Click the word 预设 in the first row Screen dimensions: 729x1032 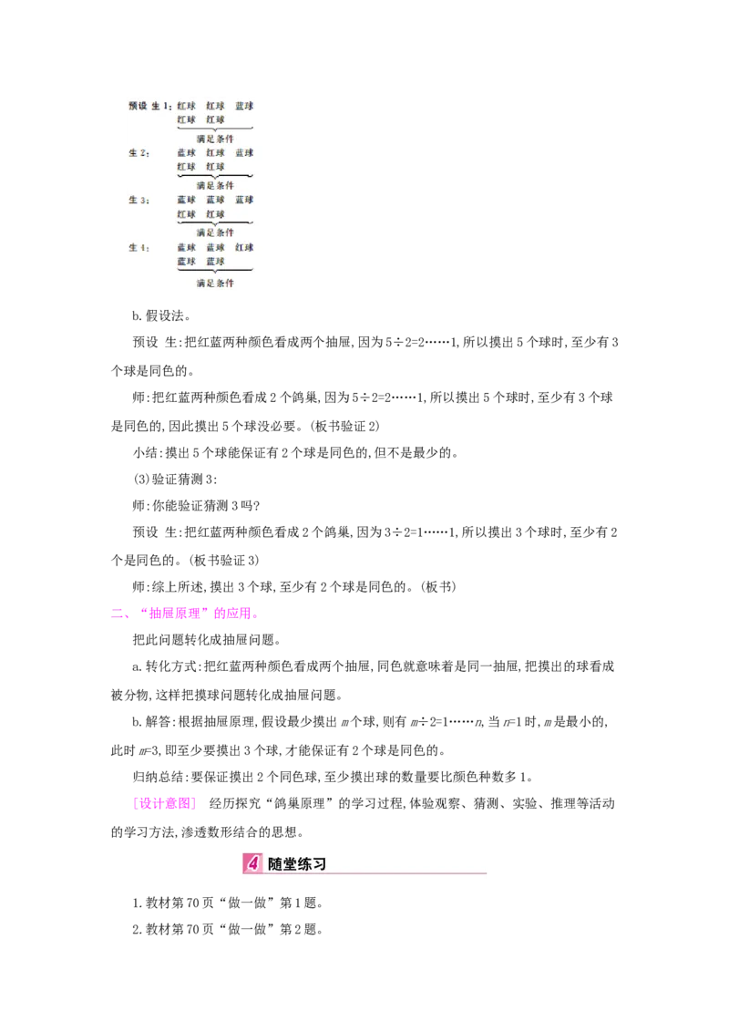point(138,106)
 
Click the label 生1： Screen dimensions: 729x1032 point(161,106)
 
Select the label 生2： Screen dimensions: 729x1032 point(139,153)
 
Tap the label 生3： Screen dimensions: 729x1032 point(139,200)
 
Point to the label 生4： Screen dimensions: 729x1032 point(139,247)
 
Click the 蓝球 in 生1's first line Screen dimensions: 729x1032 point(244,106)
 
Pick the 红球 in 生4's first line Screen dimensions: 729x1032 point(244,247)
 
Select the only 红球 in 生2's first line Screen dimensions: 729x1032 point(215,153)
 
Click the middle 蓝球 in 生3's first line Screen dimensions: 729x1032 point(215,200)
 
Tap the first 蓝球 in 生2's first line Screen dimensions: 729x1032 point(186,153)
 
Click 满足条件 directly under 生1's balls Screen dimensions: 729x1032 point(215,139)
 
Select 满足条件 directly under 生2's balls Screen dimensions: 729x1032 point(215,185)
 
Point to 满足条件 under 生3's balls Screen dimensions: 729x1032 point(215,232)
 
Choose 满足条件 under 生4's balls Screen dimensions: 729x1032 point(215,283)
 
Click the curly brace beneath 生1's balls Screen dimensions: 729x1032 point(215,129)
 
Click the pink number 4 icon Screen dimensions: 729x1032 point(253,863)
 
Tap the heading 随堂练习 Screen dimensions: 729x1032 point(297,863)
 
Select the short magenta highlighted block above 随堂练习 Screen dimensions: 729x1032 point(164,802)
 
